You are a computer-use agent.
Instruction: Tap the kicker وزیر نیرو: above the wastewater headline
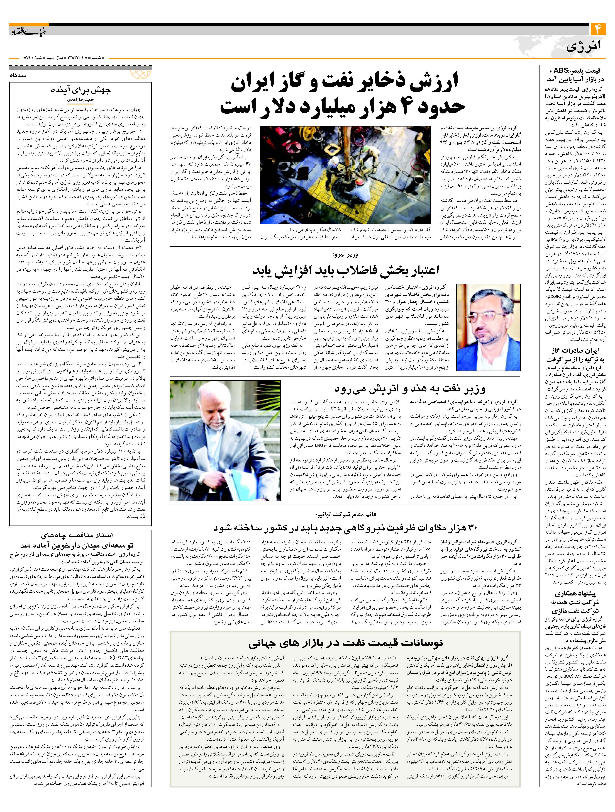345,254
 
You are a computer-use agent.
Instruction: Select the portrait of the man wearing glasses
488,327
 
